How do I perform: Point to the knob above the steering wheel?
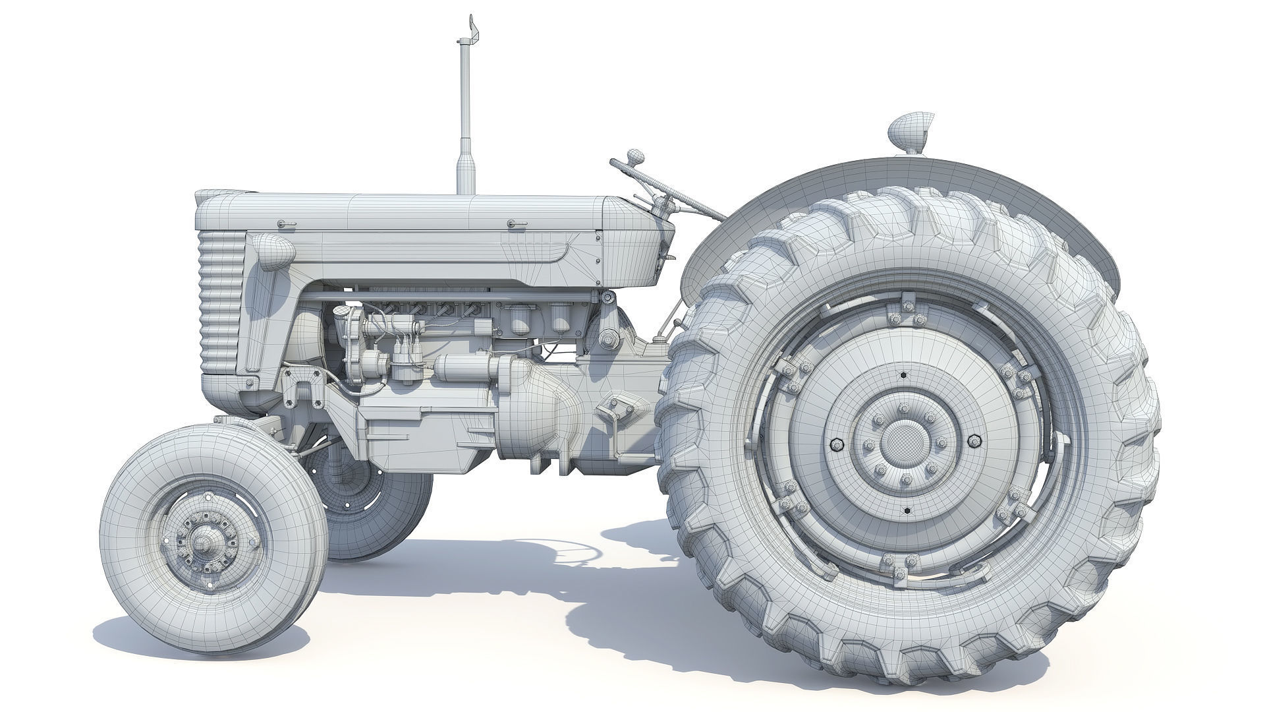635,156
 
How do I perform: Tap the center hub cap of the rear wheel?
903,442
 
